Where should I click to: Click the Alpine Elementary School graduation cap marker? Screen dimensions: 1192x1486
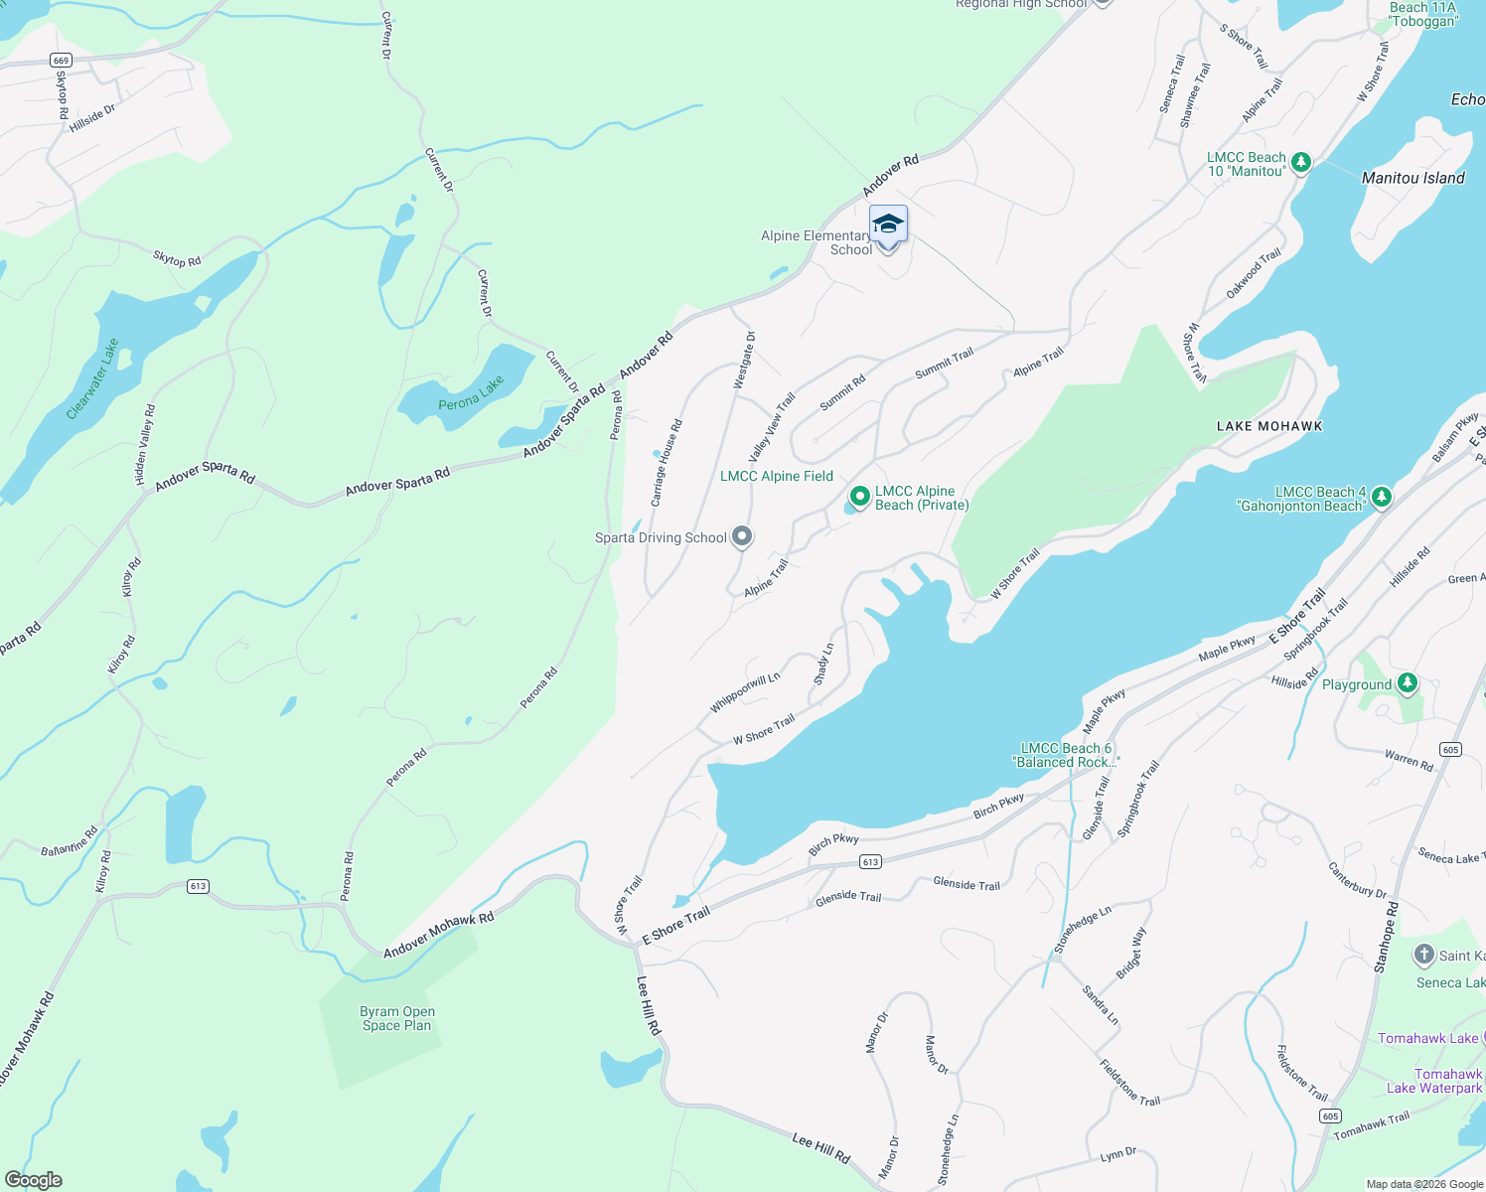pyautogui.click(x=888, y=224)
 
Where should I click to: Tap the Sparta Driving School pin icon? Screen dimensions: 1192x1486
pyautogui.click(x=741, y=537)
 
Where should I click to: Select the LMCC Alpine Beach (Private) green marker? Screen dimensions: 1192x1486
pyautogui.click(x=859, y=496)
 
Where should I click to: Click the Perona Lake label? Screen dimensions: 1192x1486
pyautogui.click(x=471, y=392)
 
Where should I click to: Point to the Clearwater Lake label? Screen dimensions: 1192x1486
pyautogui.click(x=93, y=378)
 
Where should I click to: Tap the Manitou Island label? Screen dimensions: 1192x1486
pyautogui.click(x=1412, y=178)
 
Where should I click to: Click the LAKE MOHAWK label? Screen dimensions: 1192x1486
pyautogui.click(x=1269, y=426)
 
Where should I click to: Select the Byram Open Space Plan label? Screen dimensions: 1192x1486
pyautogui.click(x=397, y=1018)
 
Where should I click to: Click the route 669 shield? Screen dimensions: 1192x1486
pyautogui.click(x=62, y=61)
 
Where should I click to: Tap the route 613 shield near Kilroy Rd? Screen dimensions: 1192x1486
pyautogui.click(x=198, y=886)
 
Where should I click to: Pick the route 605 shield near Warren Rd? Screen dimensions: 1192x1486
pyautogui.click(x=1450, y=749)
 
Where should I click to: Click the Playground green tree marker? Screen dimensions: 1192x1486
pyautogui.click(x=1407, y=683)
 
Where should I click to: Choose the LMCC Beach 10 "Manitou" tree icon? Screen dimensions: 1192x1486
pyautogui.click(x=1300, y=162)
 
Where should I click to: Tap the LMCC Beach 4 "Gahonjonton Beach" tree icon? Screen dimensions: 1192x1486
pyautogui.click(x=1381, y=496)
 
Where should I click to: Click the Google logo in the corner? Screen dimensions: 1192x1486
pyautogui.click(x=34, y=1180)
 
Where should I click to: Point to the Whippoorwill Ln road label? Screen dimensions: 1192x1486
pyautogui.click(x=744, y=692)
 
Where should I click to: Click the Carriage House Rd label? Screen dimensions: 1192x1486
pyautogui.click(x=667, y=463)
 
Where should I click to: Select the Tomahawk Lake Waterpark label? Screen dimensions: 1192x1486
pyautogui.click(x=1434, y=1081)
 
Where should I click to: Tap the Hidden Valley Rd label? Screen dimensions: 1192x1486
pyautogui.click(x=145, y=445)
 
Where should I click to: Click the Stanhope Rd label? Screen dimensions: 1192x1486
pyautogui.click(x=1386, y=937)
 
